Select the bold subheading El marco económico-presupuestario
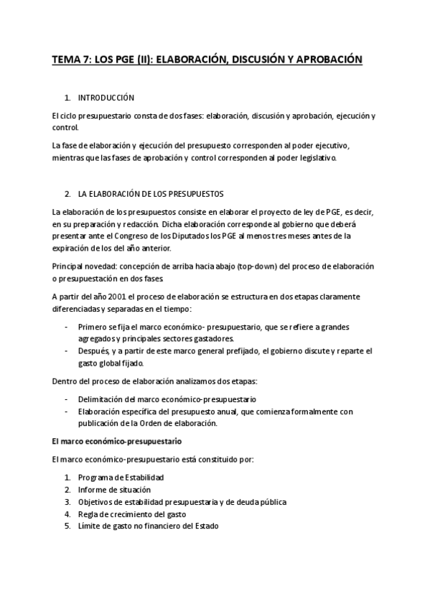pyautogui.click(x=117, y=440)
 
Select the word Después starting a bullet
pyautogui.click(x=93, y=351)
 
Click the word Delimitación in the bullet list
pyautogui.click(x=103, y=399)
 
